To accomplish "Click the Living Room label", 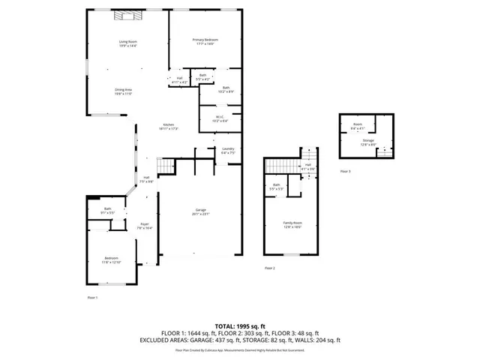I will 127,43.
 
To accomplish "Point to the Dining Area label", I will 124,91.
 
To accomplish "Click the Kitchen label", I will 169,126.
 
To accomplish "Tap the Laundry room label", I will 228,150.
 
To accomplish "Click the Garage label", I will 200,211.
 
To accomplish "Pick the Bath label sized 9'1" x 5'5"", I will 107,211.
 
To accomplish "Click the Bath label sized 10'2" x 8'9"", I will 226,88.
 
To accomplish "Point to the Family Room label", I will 292,224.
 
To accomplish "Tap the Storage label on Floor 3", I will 367,141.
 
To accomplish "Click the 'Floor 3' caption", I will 345,172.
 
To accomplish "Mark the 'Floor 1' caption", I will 93,298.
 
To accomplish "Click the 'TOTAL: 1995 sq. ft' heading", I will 240,326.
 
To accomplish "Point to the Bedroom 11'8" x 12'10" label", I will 111,260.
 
